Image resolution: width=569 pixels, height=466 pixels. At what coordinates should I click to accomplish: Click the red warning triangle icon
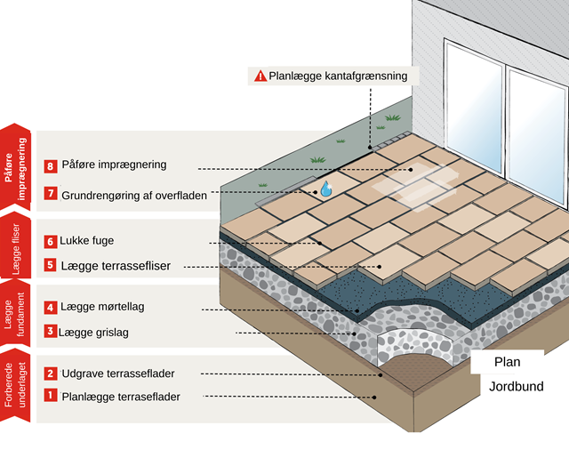coord(260,76)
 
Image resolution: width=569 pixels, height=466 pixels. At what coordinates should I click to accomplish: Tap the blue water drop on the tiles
coord(325,189)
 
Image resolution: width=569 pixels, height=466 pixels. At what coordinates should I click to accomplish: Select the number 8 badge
coord(51,165)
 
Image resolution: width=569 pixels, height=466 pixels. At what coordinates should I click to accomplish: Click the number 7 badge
coord(51,193)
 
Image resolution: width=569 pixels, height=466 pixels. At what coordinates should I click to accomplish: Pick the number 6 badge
coord(51,241)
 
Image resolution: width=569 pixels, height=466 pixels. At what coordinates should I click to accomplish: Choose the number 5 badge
coord(51,265)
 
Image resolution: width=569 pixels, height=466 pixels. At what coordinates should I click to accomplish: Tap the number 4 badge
coord(51,308)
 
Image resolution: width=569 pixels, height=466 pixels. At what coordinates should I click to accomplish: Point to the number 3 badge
coord(51,332)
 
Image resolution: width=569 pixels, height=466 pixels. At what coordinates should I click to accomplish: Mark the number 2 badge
coord(51,374)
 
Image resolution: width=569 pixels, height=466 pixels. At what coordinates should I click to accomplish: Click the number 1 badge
coord(51,396)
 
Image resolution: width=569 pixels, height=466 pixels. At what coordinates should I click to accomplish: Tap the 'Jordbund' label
coord(516,387)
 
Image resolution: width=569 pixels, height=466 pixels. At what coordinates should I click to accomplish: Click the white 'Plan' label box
coord(507,362)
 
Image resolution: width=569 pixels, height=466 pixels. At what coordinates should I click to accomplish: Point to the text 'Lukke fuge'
coord(87,241)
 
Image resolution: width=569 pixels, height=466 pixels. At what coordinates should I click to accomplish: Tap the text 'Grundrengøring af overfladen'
coord(134,193)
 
